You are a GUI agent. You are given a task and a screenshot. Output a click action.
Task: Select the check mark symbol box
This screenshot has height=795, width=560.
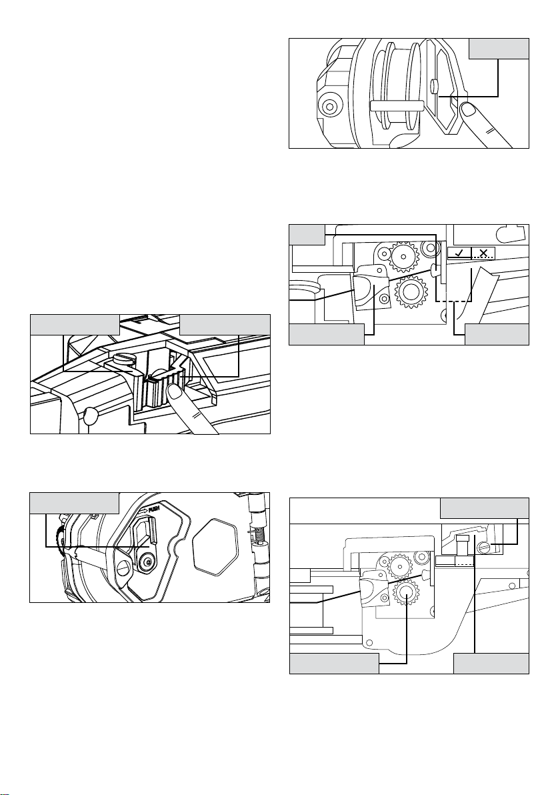coord(459,253)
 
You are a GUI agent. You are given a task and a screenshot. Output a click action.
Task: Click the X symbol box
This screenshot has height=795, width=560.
coord(483,253)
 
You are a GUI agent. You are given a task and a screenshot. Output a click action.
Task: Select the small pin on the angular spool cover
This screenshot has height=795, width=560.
coord(434,85)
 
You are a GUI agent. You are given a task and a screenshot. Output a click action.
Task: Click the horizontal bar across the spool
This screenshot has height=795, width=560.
coord(397,105)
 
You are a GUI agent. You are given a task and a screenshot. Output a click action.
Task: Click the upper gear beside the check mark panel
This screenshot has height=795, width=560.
coord(403,257)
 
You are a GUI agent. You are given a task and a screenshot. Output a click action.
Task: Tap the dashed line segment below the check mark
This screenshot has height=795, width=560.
coord(455,302)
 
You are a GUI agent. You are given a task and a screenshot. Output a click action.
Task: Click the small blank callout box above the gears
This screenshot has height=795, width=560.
coord(307,235)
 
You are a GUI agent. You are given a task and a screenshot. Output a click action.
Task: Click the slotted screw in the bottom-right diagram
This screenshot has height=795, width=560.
coord(483,547)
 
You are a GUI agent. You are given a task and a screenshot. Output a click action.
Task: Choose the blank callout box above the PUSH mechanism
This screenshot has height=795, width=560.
coord(75,502)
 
